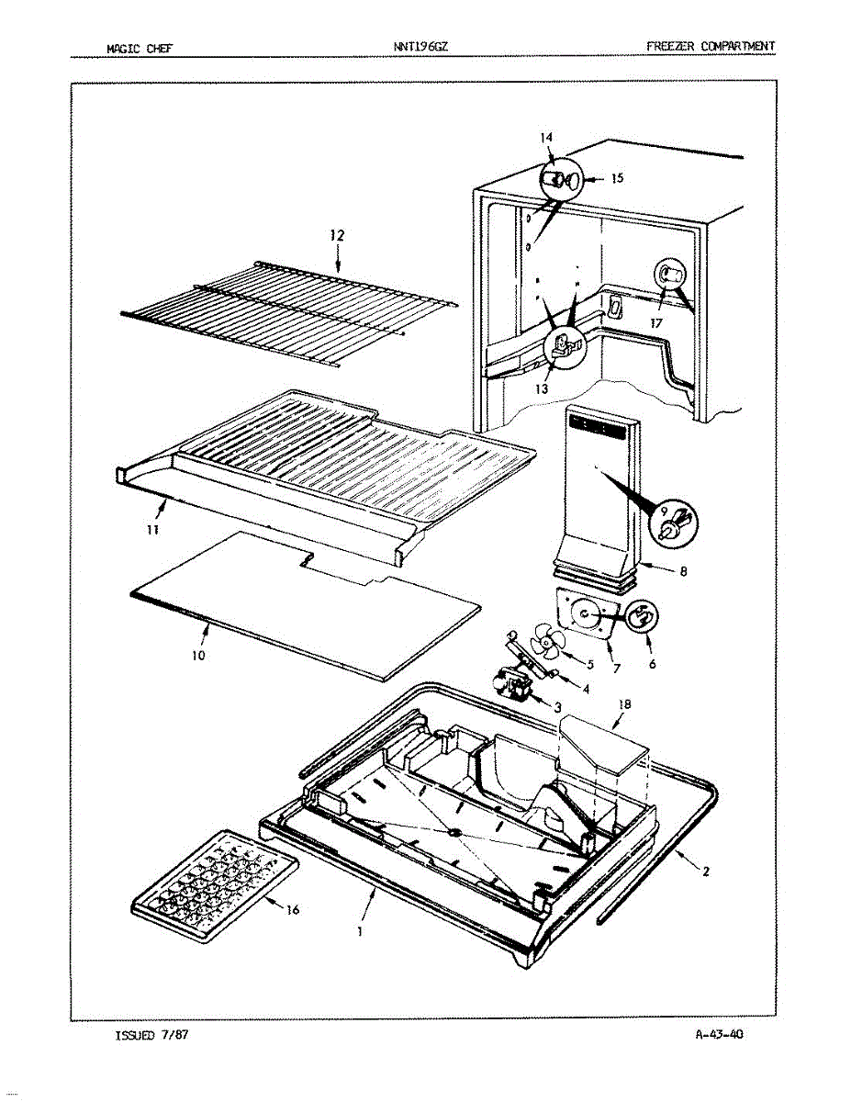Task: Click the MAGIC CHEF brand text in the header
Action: coord(134,47)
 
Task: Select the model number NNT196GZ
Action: coord(419,46)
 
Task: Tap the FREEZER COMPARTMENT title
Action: coord(711,46)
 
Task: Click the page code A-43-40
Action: coord(719,1035)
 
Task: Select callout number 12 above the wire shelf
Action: coord(337,236)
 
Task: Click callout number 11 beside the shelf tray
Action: coord(153,530)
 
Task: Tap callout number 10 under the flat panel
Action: coord(199,656)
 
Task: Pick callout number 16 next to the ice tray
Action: coord(292,910)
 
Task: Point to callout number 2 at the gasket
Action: coord(705,872)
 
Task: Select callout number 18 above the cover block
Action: coord(624,704)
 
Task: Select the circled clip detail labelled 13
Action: coord(564,348)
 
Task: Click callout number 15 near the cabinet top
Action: coord(617,179)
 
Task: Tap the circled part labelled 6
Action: coord(642,618)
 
